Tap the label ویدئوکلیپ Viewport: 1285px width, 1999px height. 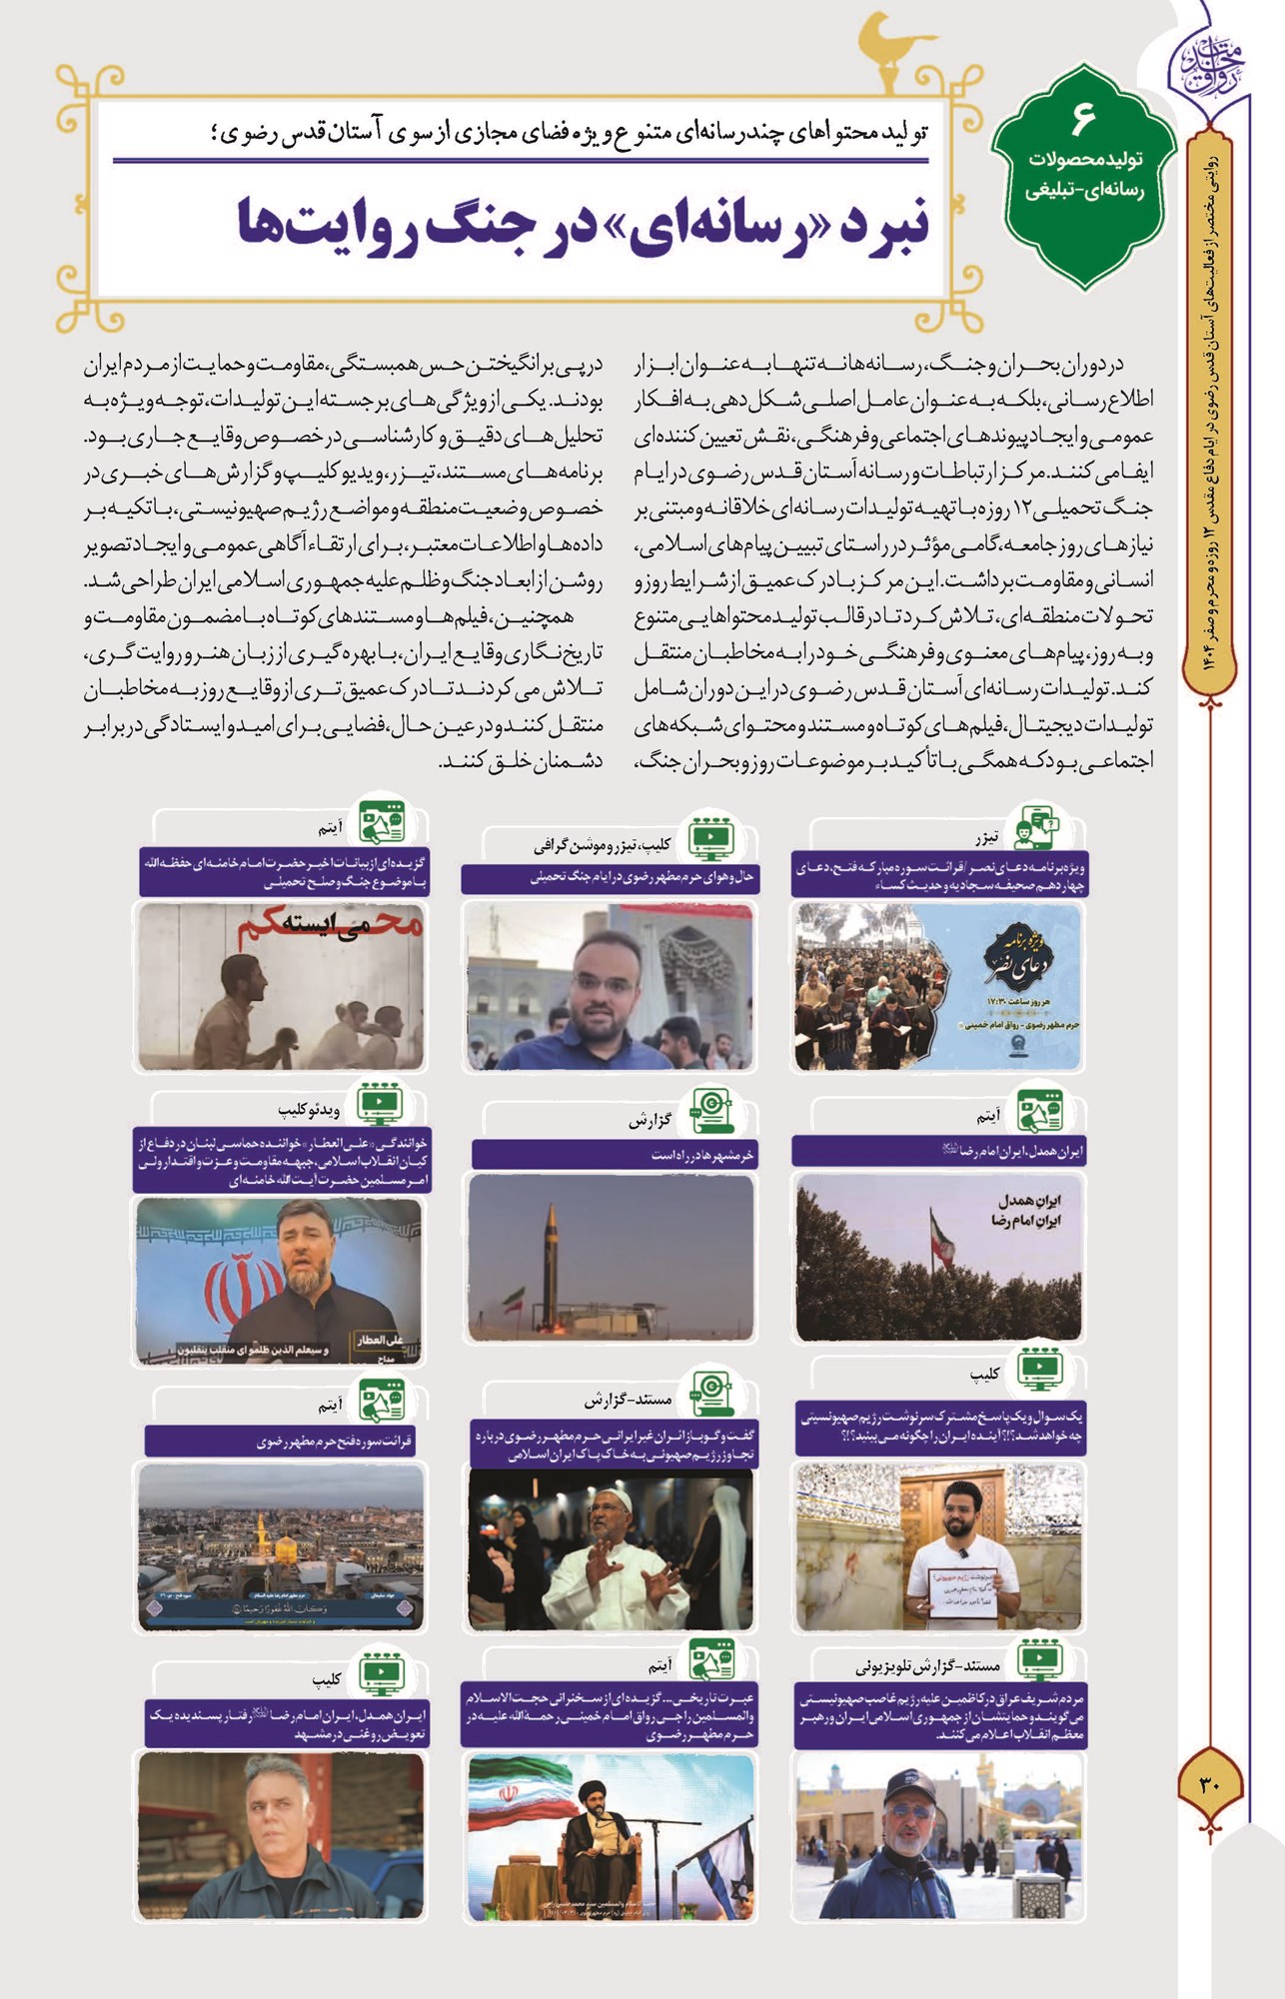click(309, 1110)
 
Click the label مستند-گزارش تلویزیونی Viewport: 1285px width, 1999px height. click(927, 1666)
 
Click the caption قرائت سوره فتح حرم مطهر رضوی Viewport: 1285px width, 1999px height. click(335, 1441)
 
